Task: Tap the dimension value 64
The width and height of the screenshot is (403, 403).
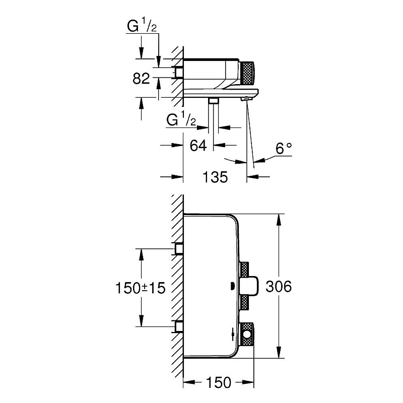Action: point(198,146)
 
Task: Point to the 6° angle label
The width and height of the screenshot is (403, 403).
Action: point(283,149)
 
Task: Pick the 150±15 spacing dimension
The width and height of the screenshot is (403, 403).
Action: point(140,288)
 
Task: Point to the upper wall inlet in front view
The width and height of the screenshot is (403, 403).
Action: point(178,249)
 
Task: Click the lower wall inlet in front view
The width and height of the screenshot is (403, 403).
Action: point(178,327)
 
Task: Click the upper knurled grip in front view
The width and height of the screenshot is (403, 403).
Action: point(246,270)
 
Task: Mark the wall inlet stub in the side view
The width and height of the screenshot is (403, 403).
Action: point(177,73)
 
